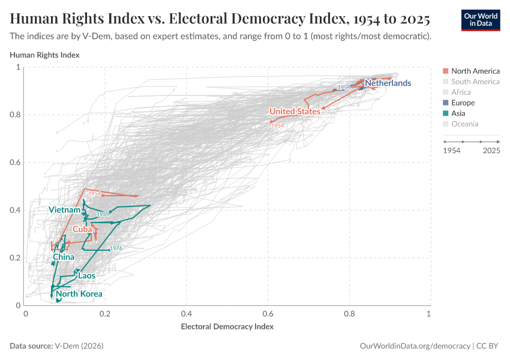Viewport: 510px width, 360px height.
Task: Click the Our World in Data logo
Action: (x=480, y=20)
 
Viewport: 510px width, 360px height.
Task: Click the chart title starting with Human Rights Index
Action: (x=220, y=19)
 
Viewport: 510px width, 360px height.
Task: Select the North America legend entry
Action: (x=475, y=71)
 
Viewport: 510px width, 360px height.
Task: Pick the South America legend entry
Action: (x=475, y=82)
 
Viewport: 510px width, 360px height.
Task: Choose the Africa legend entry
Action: (x=461, y=92)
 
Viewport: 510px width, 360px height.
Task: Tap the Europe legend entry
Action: (x=463, y=103)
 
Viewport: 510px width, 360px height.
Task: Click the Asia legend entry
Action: (x=458, y=113)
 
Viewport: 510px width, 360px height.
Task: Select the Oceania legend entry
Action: (x=464, y=124)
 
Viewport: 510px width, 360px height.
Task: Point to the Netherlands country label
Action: (x=388, y=83)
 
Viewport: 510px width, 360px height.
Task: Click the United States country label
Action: (x=295, y=111)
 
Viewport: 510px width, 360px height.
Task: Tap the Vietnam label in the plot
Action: (x=64, y=210)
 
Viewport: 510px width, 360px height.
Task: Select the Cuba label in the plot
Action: (x=82, y=229)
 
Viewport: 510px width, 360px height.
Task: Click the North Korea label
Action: (x=79, y=294)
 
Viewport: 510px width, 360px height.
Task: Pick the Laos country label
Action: (x=86, y=275)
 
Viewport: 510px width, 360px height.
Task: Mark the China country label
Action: (x=64, y=257)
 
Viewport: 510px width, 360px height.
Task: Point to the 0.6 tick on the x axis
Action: (x=268, y=313)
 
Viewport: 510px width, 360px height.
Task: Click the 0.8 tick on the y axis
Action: (x=15, y=115)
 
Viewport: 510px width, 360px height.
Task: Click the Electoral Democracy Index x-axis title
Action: (x=227, y=327)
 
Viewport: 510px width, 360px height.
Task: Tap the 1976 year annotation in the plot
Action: (x=116, y=248)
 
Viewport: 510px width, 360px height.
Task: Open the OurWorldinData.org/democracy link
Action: (x=415, y=346)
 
